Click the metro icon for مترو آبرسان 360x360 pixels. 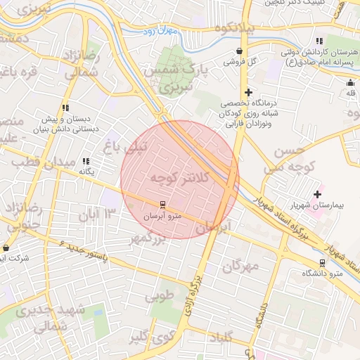(163, 205)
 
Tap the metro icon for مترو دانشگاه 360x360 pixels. (322, 263)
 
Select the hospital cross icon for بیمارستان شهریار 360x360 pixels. (317, 194)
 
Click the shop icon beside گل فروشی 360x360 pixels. (240, 51)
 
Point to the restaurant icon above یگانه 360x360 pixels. (86, 161)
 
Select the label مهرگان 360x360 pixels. (241, 266)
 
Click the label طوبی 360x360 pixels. (160, 296)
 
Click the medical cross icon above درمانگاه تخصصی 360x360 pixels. (247, 92)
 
